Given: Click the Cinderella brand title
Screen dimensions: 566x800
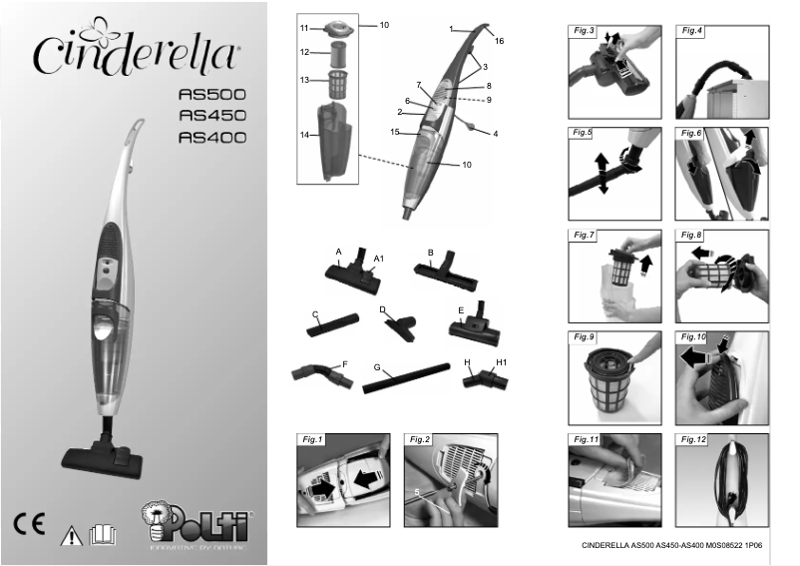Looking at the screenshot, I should pos(136,47).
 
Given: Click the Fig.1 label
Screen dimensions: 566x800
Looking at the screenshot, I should pos(314,439).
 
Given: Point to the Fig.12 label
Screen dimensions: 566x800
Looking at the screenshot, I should pos(694,439).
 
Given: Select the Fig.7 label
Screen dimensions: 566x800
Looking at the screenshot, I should pos(585,236).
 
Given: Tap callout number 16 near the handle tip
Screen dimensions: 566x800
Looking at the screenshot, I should pos(499,41).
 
